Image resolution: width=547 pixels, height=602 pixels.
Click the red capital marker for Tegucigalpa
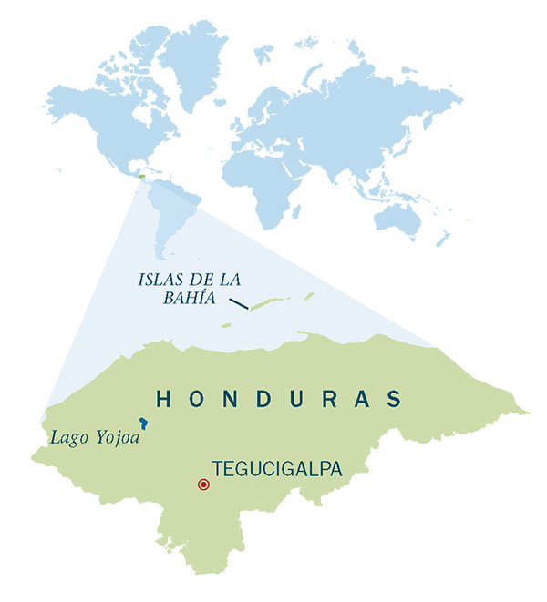click(202, 484)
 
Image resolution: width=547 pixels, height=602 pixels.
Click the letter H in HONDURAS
click(163, 398)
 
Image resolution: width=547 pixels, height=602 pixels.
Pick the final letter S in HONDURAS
click(394, 398)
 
